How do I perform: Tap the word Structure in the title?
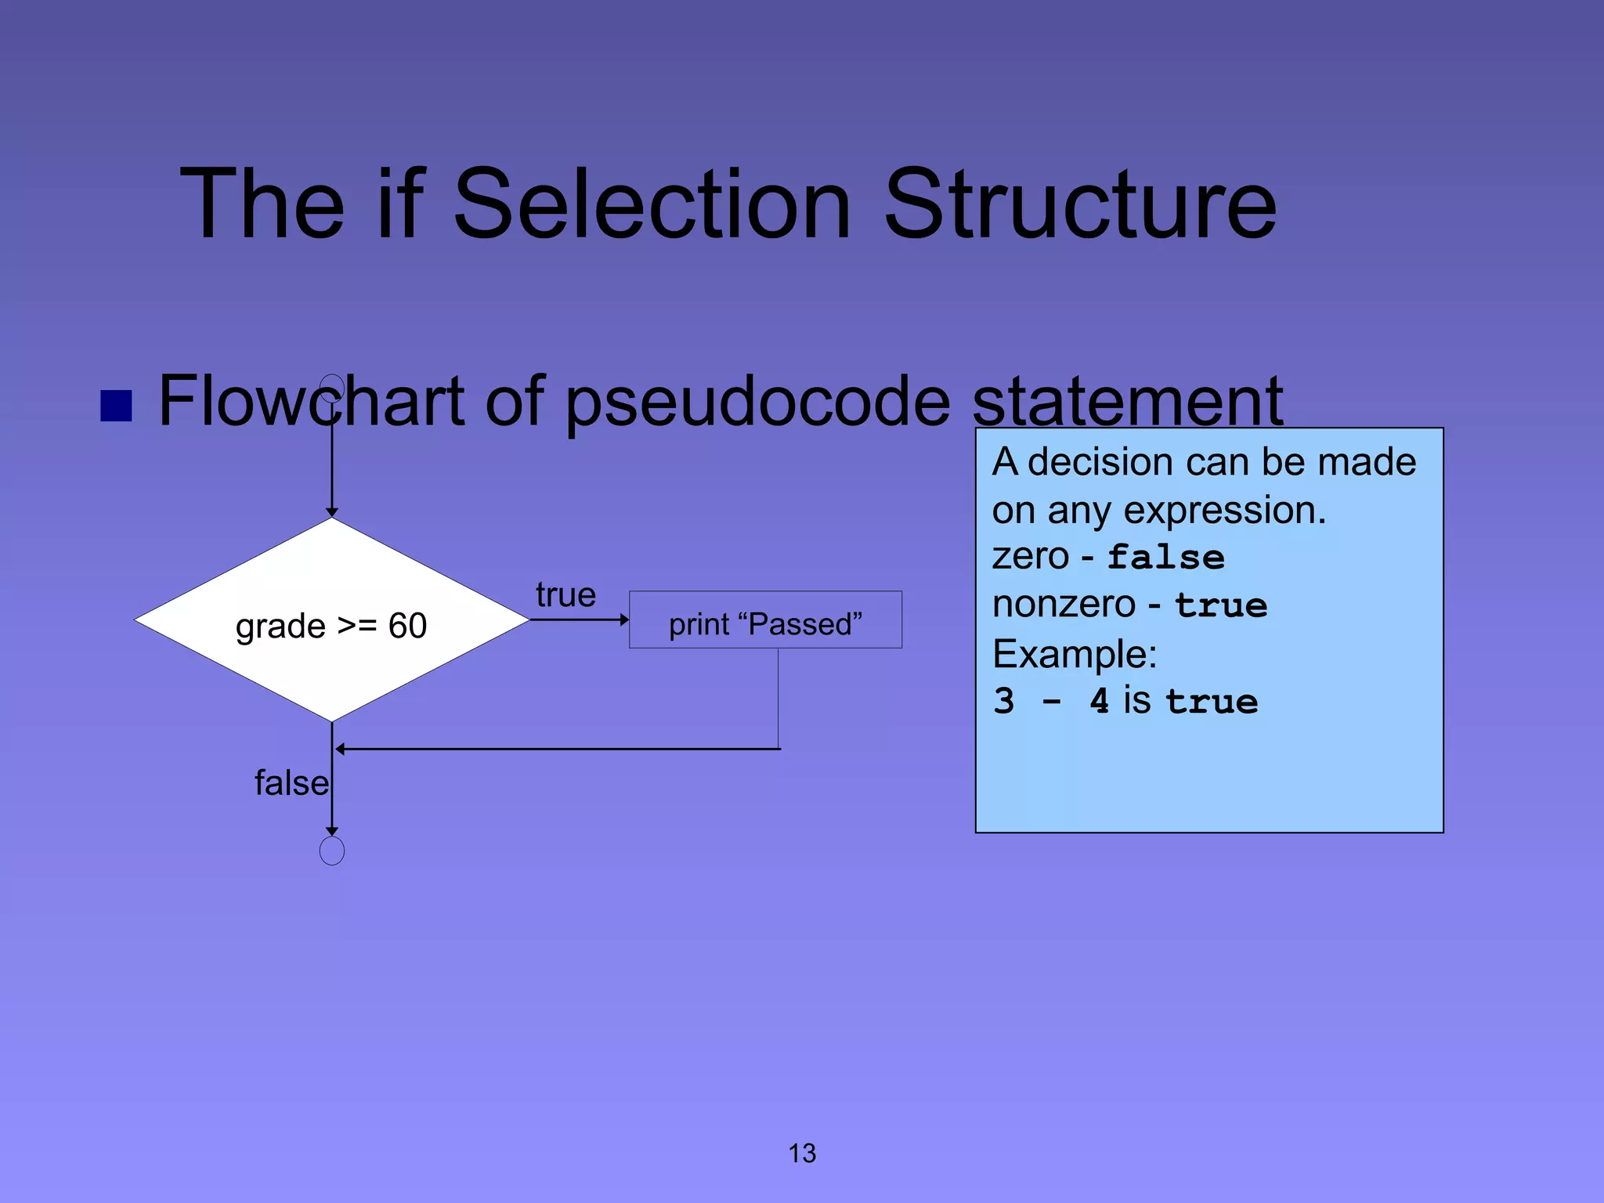point(1080,204)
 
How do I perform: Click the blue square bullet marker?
point(116,405)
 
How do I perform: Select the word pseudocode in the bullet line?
point(757,402)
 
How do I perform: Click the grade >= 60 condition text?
point(331,626)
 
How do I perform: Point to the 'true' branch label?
point(565,595)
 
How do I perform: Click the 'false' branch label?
point(291,782)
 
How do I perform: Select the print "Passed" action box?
point(765,620)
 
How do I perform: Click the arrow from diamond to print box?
point(579,620)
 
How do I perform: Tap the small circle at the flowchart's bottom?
point(332,851)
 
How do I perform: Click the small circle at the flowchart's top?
point(332,388)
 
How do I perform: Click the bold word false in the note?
point(1165,557)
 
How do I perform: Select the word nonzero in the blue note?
point(1064,605)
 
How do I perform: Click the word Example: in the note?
point(1075,653)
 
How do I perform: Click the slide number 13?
point(802,1153)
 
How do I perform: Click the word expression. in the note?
point(1225,511)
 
